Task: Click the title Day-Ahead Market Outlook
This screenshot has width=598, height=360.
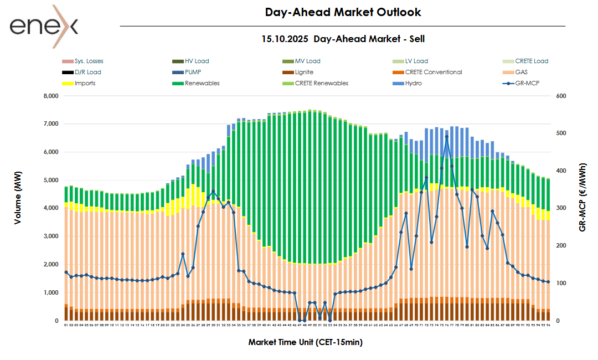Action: point(343,12)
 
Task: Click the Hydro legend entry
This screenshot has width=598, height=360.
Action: point(413,83)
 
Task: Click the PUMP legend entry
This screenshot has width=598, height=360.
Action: point(193,72)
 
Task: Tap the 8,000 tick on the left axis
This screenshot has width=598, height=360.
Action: point(50,96)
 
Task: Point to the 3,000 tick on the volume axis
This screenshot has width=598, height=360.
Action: point(50,236)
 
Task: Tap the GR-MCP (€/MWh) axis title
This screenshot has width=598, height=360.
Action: point(582,197)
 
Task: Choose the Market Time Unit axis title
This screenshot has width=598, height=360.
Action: point(305,342)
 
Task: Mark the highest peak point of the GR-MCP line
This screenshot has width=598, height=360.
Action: point(446,136)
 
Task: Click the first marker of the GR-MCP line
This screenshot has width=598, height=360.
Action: point(66,272)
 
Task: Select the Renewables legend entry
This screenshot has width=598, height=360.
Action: point(202,83)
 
